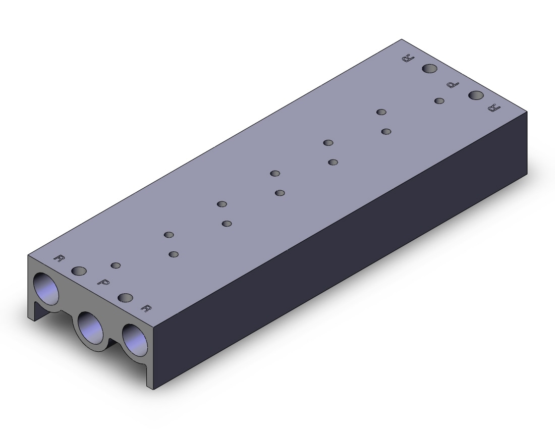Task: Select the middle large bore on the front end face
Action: [91, 328]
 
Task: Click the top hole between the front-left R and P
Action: [79, 271]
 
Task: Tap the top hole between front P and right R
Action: [125, 298]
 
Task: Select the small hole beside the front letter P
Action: [116, 265]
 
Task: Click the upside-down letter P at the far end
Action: [453, 85]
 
